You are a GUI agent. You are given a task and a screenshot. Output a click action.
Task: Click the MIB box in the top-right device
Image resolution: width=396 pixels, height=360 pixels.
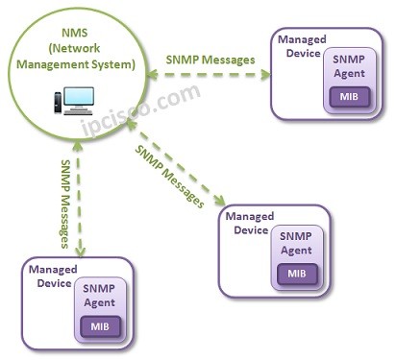(x=348, y=96)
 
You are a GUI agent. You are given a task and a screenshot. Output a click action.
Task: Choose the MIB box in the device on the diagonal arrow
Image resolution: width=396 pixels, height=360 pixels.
(x=297, y=273)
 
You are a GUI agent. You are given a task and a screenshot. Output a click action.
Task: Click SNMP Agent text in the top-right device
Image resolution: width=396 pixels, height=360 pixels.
(x=348, y=67)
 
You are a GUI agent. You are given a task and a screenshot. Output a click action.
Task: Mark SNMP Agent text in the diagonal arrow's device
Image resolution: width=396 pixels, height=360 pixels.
(x=297, y=244)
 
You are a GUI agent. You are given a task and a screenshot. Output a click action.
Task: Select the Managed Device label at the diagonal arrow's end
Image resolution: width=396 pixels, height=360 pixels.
(x=247, y=224)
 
